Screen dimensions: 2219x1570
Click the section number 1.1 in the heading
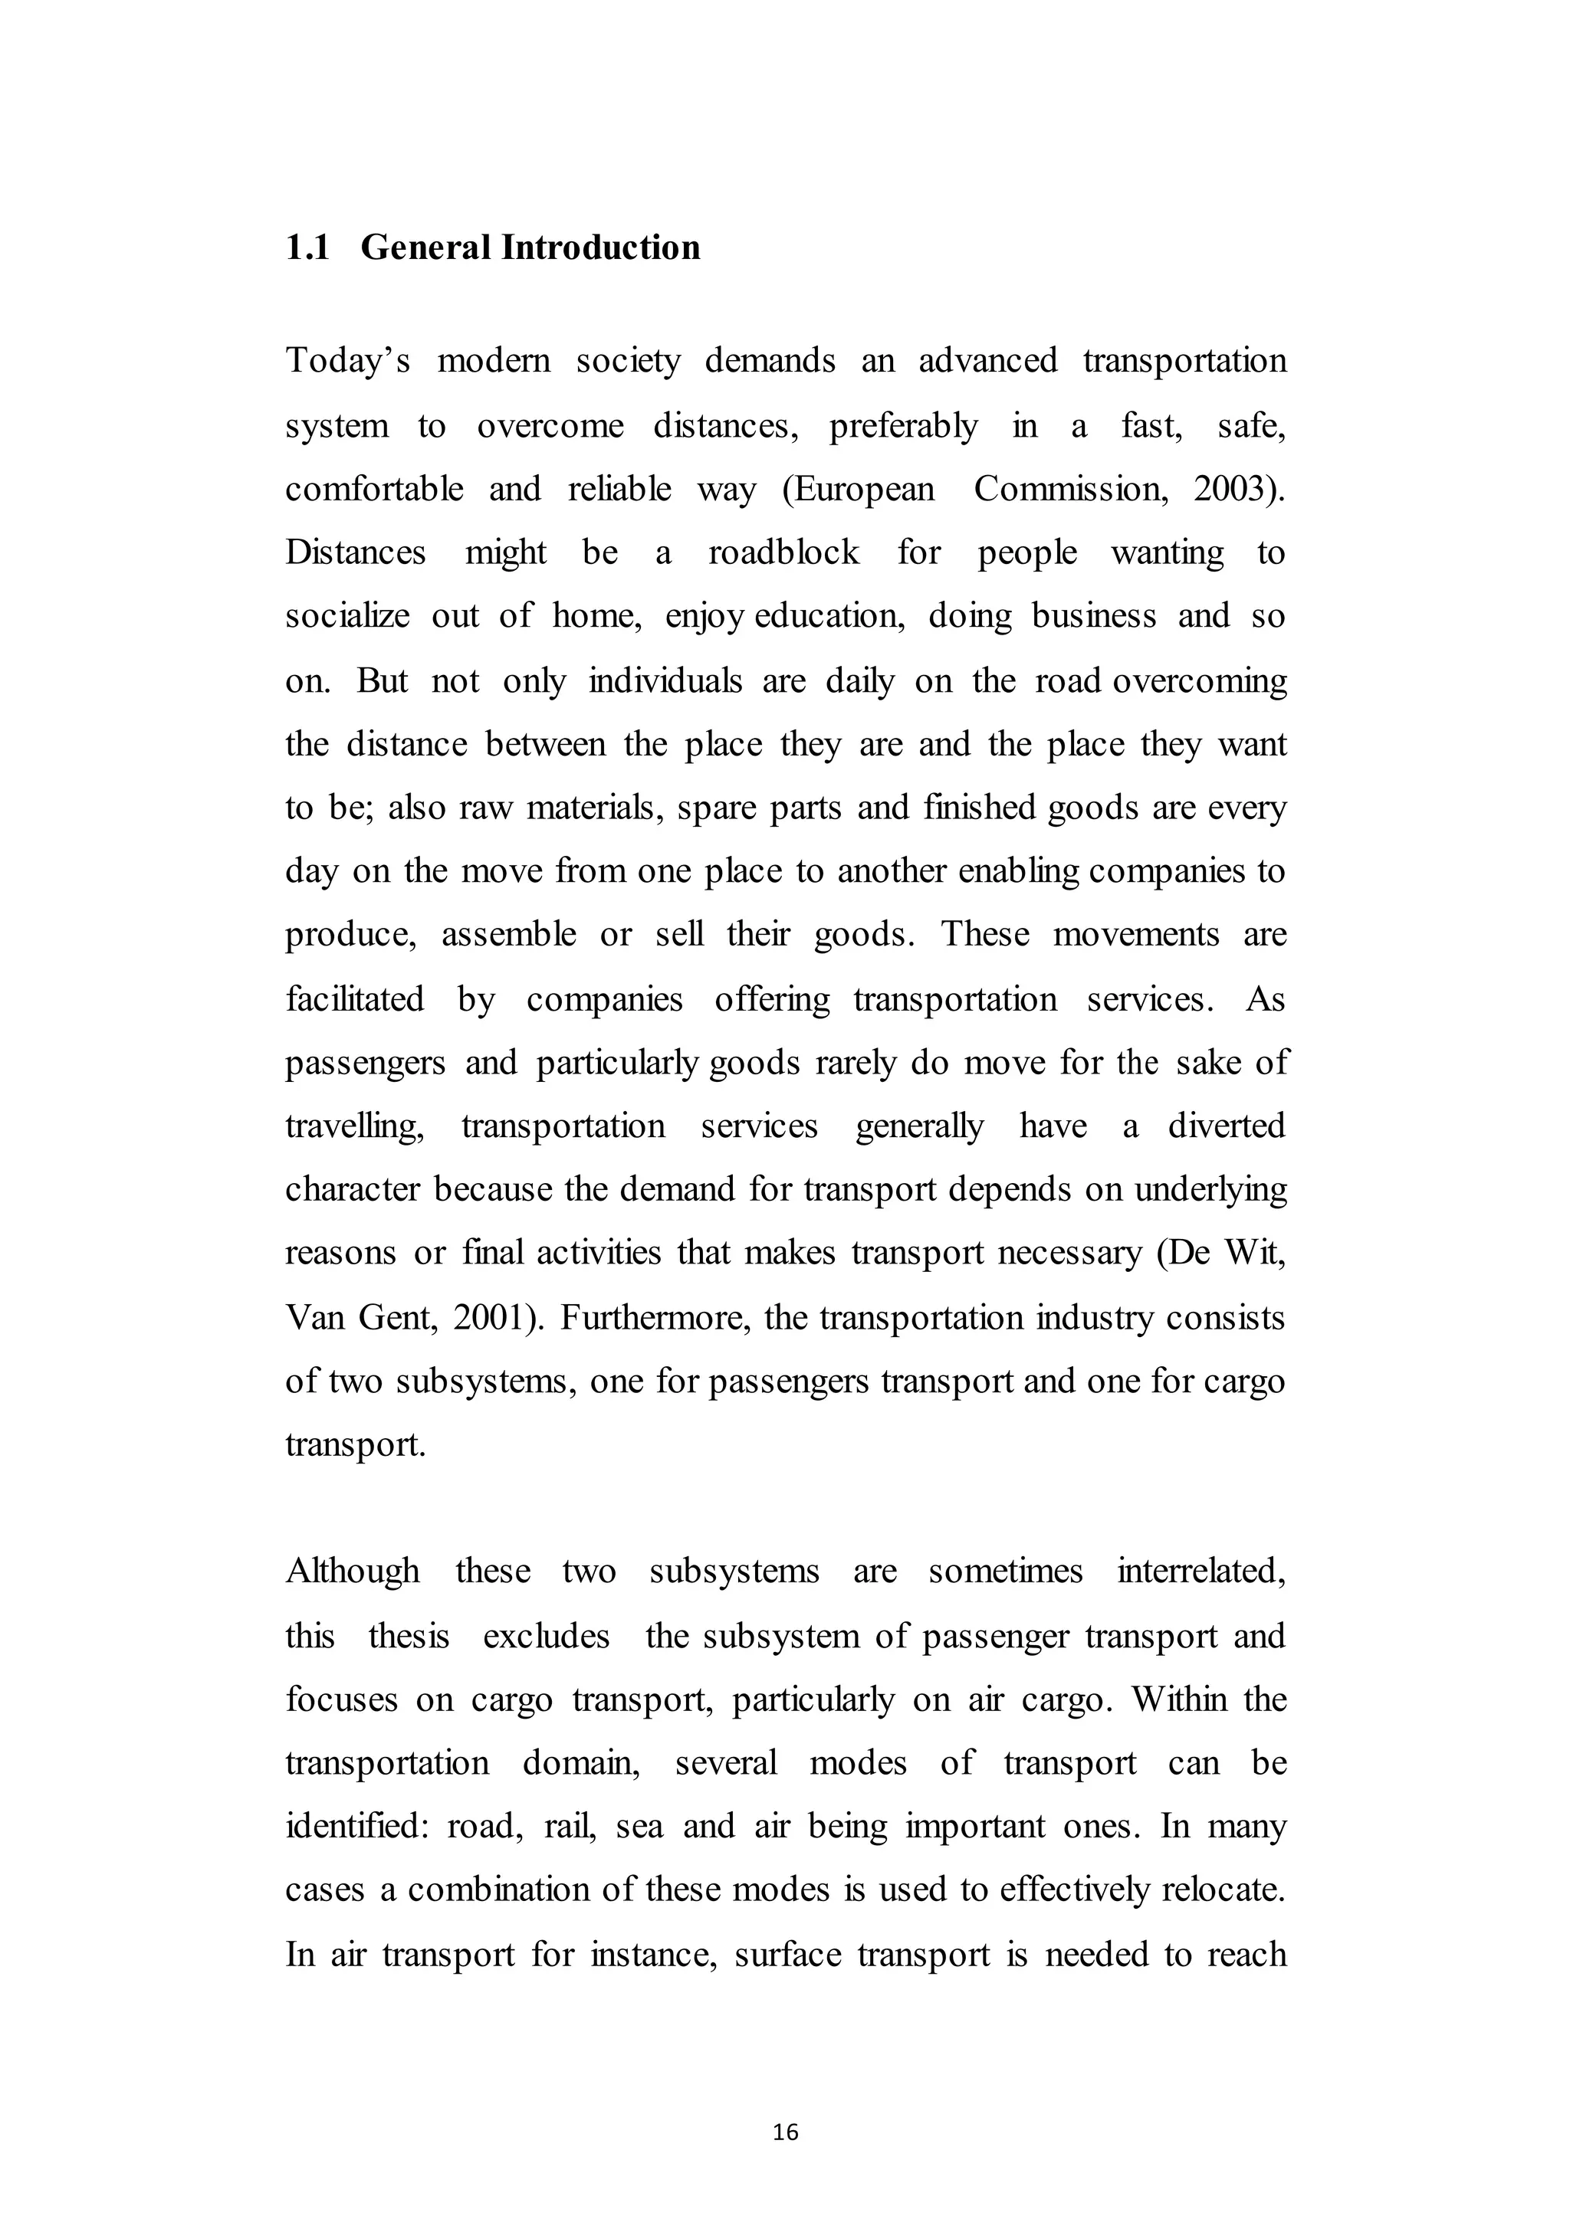[307, 248]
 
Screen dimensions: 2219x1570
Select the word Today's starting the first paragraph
[347, 362]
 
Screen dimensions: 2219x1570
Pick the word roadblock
[783, 552]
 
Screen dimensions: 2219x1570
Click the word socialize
[347, 617]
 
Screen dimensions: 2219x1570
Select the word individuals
[665, 680]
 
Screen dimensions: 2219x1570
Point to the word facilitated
[355, 999]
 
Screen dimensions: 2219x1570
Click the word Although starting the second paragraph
[352, 1572]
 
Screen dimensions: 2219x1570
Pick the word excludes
[547, 1636]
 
